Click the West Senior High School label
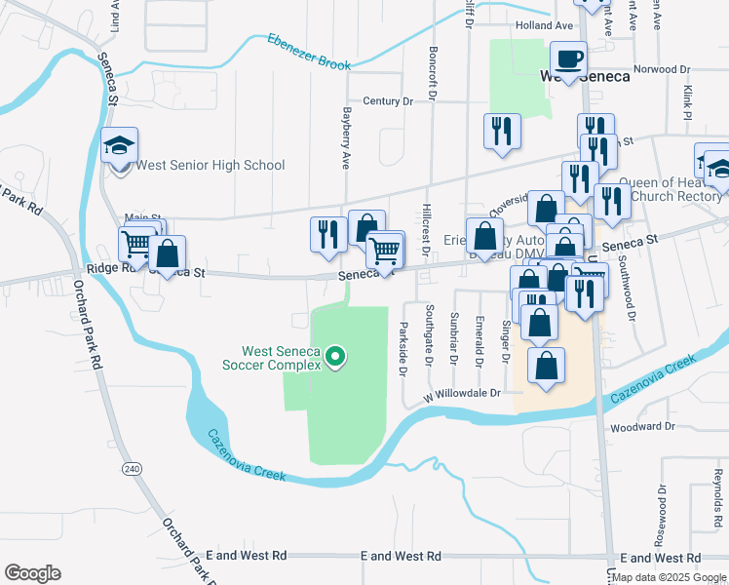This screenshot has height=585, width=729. click(210, 165)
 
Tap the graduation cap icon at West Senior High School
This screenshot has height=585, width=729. click(120, 146)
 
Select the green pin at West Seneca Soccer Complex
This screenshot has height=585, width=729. click(336, 358)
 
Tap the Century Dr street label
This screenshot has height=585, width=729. click(388, 100)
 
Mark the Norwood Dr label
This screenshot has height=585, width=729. click(661, 69)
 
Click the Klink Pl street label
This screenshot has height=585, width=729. click(687, 101)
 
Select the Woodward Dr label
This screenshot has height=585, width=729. click(642, 427)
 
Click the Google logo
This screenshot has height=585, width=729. click(33, 572)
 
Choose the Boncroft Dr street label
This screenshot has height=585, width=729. click(430, 71)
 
